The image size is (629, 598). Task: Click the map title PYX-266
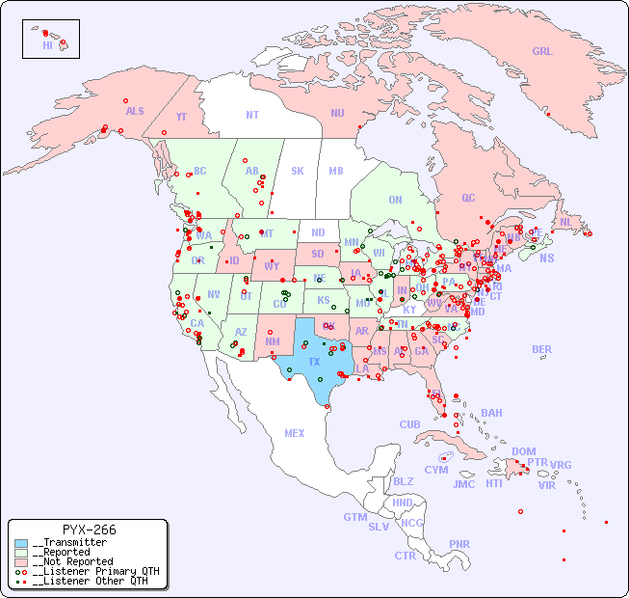coord(89,530)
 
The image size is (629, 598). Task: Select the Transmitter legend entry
coord(68,543)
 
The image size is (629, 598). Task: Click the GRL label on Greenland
coord(542,52)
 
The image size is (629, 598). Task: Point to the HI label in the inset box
coord(47,45)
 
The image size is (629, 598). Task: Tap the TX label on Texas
coord(314,362)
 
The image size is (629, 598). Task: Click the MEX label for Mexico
coord(295,433)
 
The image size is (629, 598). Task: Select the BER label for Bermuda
coord(541,349)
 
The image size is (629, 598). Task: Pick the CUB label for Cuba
coord(409,424)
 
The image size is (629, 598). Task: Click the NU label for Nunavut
coord(337,113)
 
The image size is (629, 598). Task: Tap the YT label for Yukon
coord(181,117)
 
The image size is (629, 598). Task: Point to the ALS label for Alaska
coord(135,111)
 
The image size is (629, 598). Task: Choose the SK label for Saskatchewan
coord(298,171)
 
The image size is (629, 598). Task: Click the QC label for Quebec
coord(468,198)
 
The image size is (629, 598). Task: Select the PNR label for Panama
coord(459,544)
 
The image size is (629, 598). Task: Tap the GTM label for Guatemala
coord(354,517)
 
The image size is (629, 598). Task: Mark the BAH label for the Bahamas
coord(491,413)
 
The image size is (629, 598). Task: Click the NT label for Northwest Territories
coord(251,114)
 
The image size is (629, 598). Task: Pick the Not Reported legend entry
coord(71,561)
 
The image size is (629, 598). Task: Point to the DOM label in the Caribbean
coord(523,451)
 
